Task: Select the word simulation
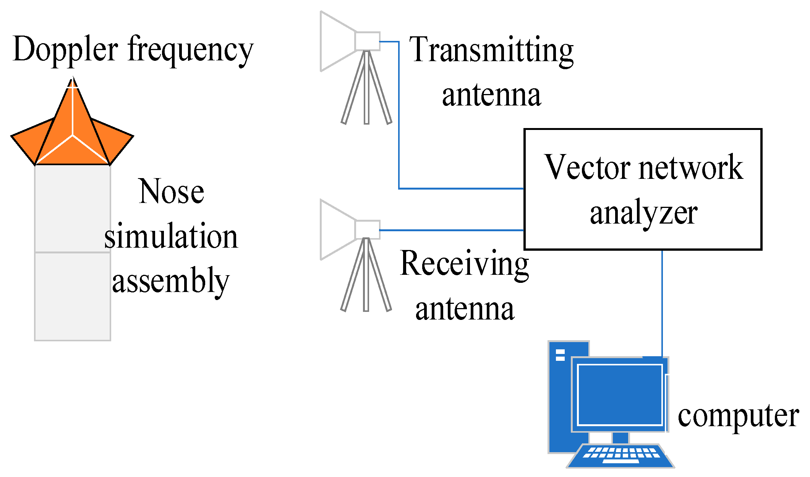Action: pyautogui.click(x=171, y=236)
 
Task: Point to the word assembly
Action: pyautogui.click(x=170, y=281)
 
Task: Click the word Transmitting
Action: pyautogui.click(x=491, y=50)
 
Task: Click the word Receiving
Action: pyautogui.click(x=464, y=264)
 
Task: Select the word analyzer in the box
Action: pyautogui.click(x=643, y=213)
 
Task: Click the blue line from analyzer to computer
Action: pyautogui.click(x=662, y=302)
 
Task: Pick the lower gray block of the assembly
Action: pyautogui.click(x=73, y=296)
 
